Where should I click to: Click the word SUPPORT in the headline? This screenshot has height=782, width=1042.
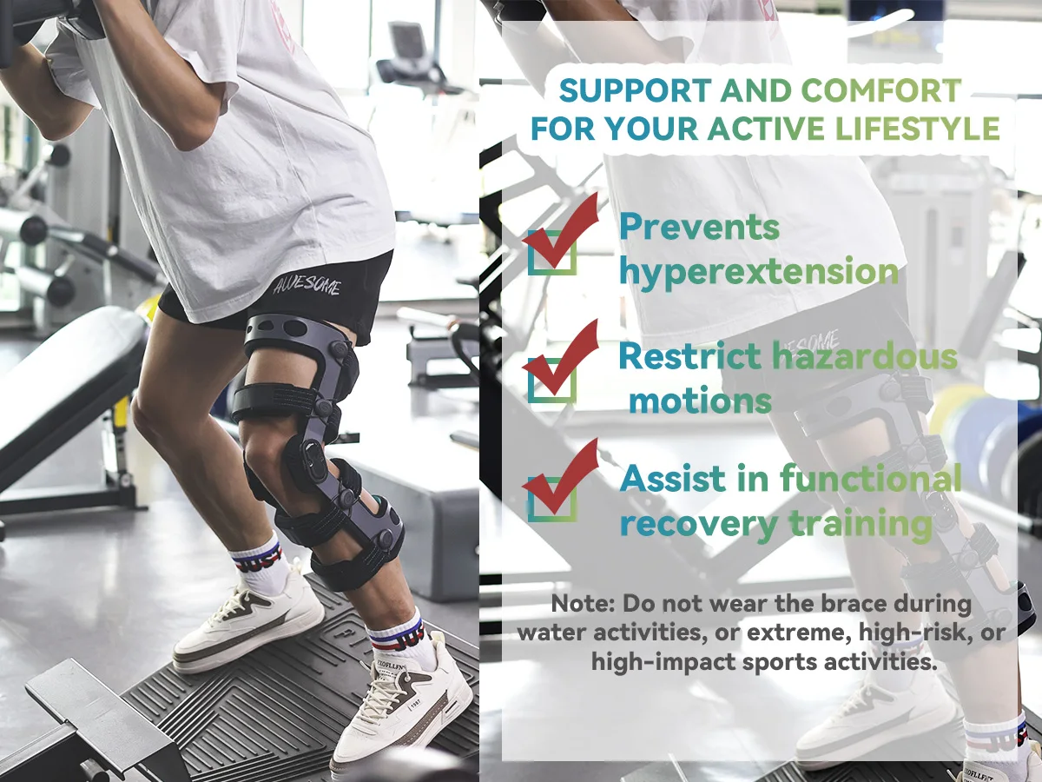(635, 89)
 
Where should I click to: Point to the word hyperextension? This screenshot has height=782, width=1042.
(759, 272)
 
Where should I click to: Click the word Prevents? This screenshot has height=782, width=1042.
(699, 227)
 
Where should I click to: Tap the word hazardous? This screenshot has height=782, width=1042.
(865, 355)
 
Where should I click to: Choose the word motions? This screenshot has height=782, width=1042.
(700, 401)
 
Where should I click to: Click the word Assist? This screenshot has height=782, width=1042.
(672, 478)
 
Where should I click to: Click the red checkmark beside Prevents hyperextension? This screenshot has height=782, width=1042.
(560, 230)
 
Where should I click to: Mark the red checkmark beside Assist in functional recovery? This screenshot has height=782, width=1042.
(560, 476)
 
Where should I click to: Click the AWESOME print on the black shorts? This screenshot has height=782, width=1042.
(307, 285)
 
